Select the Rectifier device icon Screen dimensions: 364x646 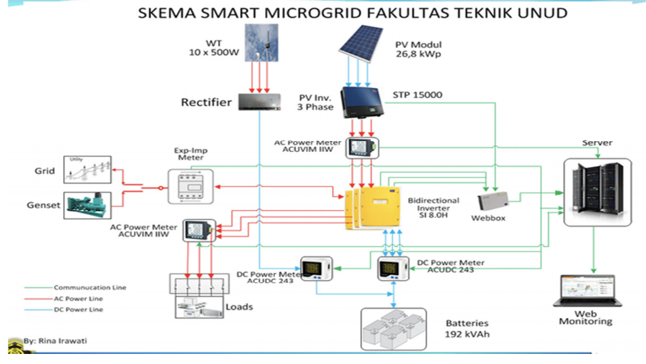[261, 102]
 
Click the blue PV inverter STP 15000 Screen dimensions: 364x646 [363, 102]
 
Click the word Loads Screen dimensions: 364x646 [239, 307]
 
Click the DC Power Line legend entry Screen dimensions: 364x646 [79, 310]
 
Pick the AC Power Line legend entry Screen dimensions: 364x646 [79, 299]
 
